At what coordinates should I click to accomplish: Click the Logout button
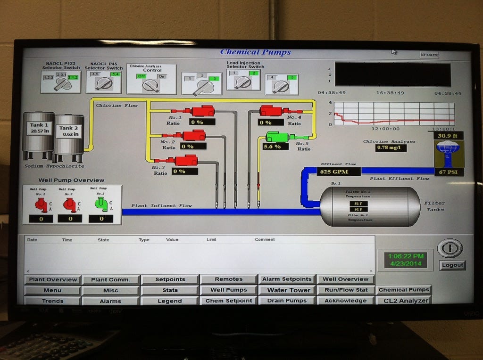click(452, 265)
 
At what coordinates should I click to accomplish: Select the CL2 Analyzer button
click(405, 301)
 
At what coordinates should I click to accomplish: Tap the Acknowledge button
click(345, 301)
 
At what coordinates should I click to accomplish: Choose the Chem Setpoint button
click(229, 301)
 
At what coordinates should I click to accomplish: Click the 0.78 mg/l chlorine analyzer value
click(391, 148)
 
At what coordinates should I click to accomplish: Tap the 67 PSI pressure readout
click(449, 172)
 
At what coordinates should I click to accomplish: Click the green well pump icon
click(101, 204)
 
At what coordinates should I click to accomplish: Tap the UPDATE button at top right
click(429, 55)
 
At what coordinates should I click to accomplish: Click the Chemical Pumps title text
click(255, 52)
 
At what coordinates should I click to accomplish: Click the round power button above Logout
click(450, 248)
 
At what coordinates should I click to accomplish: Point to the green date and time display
click(406, 260)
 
